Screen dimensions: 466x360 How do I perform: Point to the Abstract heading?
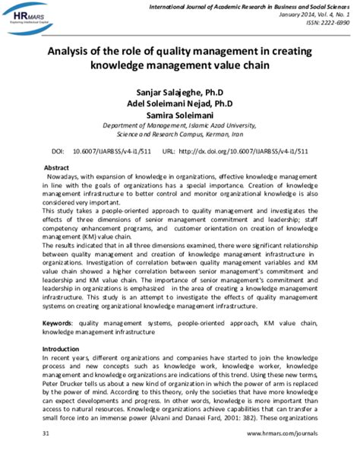[x=58, y=166]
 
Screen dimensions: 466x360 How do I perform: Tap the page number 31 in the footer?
[x=46, y=454]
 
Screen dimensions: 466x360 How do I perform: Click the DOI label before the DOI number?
[x=58, y=151]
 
